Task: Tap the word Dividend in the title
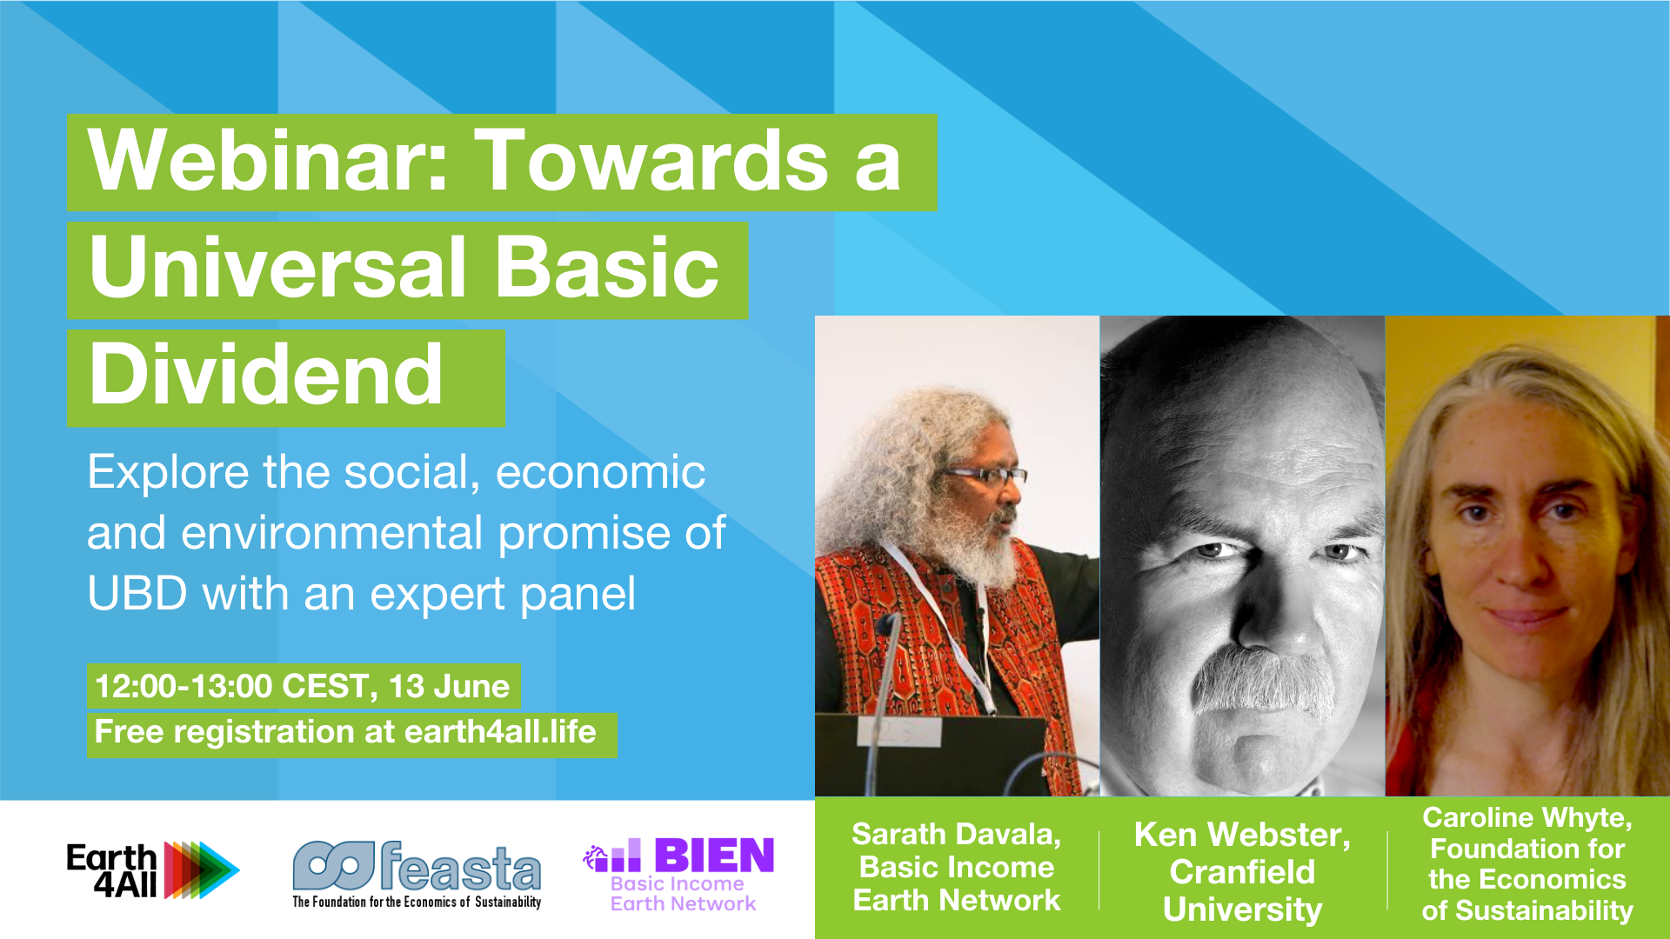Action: click(x=266, y=376)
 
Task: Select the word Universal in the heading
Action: click(x=277, y=268)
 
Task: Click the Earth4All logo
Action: click(x=152, y=869)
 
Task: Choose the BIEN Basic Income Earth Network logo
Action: click(x=679, y=874)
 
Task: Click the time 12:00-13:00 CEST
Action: click(x=231, y=687)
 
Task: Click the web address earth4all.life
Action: click(x=500, y=732)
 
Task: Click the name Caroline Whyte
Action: click(x=1526, y=818)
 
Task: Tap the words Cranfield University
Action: click(x=1242, y=890)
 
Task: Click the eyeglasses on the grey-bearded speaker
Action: click(x=986, y=476)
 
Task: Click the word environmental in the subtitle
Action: click(x=331, y=534)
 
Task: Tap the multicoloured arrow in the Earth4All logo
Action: click(x=202, y=869)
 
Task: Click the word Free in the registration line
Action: click(x=129, y=732)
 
